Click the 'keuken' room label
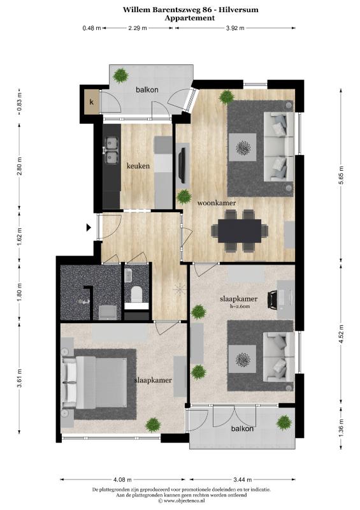(x=138, y=166)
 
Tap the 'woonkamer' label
(x=217, y=203)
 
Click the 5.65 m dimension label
(x=341, y=175)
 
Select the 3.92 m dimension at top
(x=235, y=28)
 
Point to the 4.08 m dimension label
(x=122, y=479)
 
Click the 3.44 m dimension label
(x=243, y=479)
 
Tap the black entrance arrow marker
(x=89, y=228)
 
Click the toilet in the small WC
(x=136, y=294)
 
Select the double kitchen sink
(x=112, y=150)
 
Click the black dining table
(x=240, y=231)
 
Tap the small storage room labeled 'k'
(x=92, y=102)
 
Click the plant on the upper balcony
(x=120, y=76)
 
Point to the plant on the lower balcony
(x=284, y=422)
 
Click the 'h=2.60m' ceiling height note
(x=240, y=306)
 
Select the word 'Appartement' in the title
(x=190, y=18)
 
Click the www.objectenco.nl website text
(x=184, y=501)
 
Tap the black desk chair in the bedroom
(x=272, y=299)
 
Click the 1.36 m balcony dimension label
(x=341, y=427)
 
